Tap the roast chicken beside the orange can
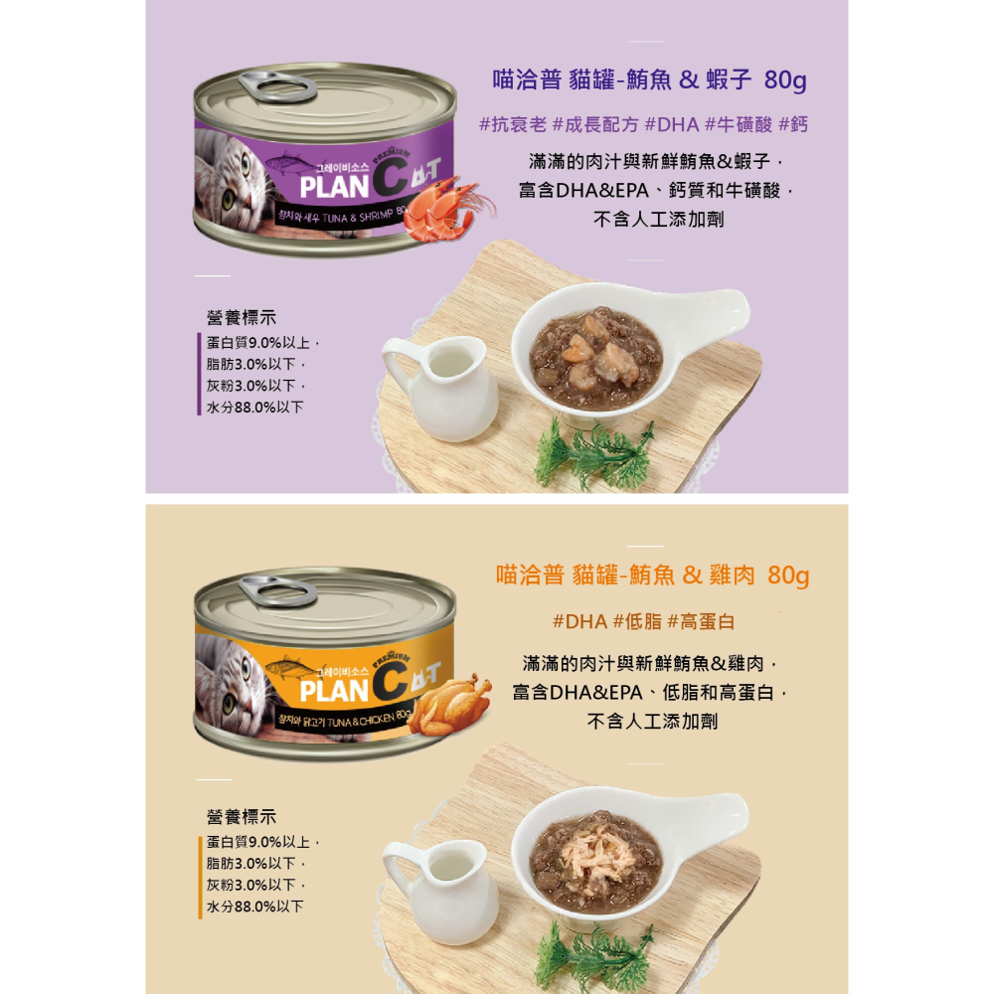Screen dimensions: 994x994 pyautogui.click(x=449, y=705)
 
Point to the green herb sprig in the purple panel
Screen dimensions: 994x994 pyautogui.click(x=594, y=452)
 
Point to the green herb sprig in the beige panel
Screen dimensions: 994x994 pyautogui.click(x=594, y=954)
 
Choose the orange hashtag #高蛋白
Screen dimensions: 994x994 pyautogui.click(x=702, y=622)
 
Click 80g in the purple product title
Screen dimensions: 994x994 pyautogui.click(x=785, y=80)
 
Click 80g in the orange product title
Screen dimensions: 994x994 pyautogui.click(x=788, y=576)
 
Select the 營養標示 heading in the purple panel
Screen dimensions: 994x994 pyautogui.click(x=242, y=318)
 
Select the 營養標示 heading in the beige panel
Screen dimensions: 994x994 pyautogui.click(x=242, y=817)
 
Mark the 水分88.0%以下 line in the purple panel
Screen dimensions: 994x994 pyautogui.click(x=254, y=408)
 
